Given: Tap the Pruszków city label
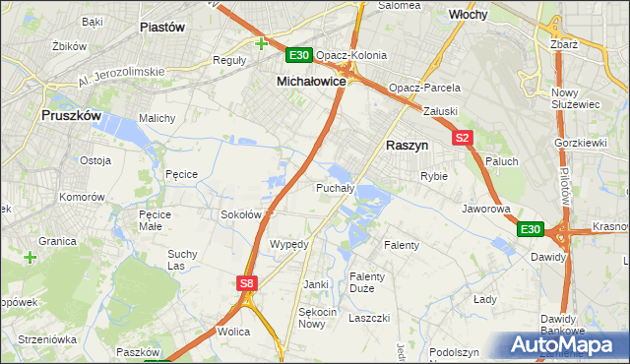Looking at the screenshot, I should (x=72, y=115).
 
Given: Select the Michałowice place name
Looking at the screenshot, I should (x=311, y=82).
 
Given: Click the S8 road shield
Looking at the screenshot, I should (x=247, y=283).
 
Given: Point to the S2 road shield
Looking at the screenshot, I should (x=464, y=139).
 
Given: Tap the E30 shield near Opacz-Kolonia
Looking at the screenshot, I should (x=299, y=55).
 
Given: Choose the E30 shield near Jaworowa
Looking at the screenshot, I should (x=530, y=229).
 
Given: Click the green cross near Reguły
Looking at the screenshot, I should (x=261, y=43).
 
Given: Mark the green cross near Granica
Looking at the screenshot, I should (x=31, y=258).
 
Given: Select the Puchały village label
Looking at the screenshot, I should (x=334, y=187).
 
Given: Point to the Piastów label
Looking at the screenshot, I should (x=163, y=28).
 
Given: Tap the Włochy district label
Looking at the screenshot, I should (x=470, y=15).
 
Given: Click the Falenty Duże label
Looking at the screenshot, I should (x=368, y=283).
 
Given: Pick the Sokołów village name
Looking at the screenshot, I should (x=240, y=213).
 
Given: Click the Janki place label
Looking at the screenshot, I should (x=316, y=284).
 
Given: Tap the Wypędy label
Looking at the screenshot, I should (x=289, y=244).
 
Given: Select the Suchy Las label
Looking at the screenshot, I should (x=183, y=260).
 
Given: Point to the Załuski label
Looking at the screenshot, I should (x=440, y=112).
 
